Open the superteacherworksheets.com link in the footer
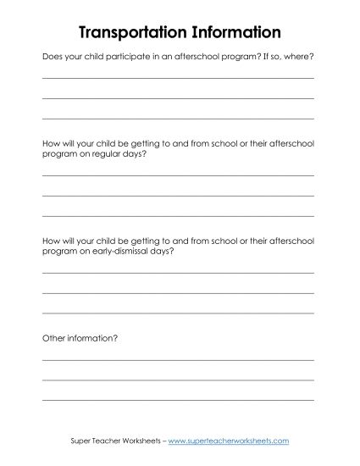(x=229, y=441)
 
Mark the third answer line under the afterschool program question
(x=178, y=119)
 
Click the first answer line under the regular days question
(x=178, y=176)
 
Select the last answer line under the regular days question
(x=178, y=214)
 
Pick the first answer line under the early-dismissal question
(x=178, y=273)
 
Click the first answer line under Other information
(x=178, y=359)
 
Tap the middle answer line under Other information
(x=178, y=378)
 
